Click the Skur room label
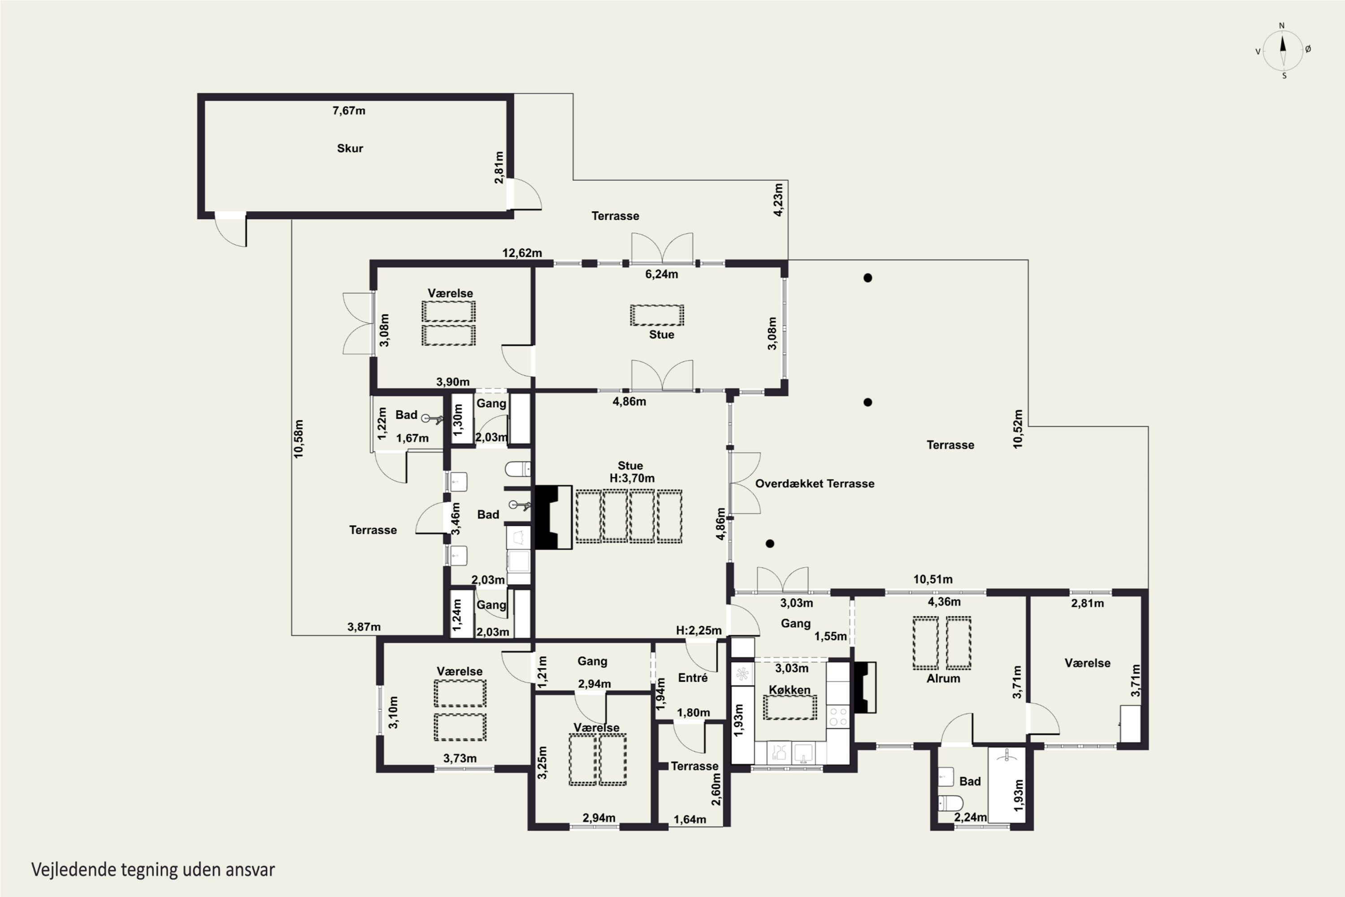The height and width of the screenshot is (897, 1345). click(x=350, y=148)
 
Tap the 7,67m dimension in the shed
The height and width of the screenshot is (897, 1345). click(x=349, y=110)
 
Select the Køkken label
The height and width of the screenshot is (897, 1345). click(x=789, y=690)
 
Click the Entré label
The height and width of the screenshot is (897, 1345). click(x=693, y=678)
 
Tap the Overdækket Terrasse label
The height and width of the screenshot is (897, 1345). click(x=815, y=483)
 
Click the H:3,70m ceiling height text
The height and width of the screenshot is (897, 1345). click(x=632, y=478)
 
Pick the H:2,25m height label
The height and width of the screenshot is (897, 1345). click(x=699, y=631)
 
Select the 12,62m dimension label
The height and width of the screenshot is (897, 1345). click(x=522, y=253)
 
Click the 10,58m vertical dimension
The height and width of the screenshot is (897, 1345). click(x=299, y=439)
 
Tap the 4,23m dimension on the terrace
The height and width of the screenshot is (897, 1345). click(x=778, y=200)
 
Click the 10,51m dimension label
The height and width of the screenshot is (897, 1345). click(x=933, y=579)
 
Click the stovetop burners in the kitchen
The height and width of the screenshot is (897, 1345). click(x=838, y=717)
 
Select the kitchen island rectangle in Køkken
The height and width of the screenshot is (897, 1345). click(x=790, y=708)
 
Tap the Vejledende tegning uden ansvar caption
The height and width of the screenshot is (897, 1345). click(x=153, y=870)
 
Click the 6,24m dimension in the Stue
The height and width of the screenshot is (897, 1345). click(x=662, y=274)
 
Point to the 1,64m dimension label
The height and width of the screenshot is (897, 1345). click(x=690, y=820)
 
